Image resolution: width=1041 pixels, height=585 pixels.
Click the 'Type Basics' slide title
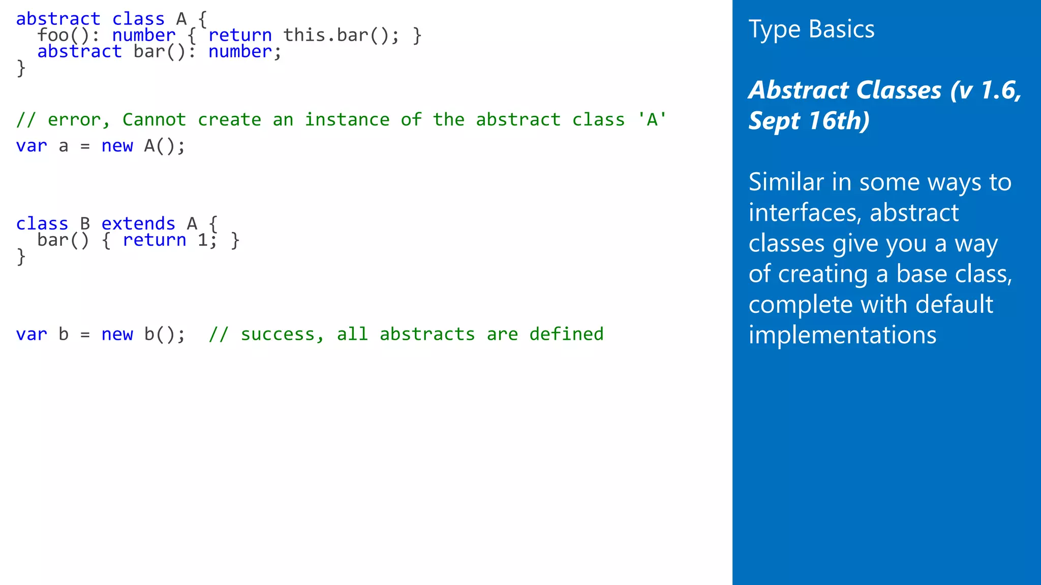[811, 29]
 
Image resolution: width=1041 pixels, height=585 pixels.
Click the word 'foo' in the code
[53, 36]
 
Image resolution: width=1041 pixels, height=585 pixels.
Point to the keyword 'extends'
[138, 223]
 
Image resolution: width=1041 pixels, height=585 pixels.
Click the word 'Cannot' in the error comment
[154, 120]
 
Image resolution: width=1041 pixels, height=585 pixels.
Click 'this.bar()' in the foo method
[335, 36]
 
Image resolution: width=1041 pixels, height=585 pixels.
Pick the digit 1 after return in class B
[202, 240]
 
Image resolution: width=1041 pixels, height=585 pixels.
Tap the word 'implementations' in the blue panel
[842, 335]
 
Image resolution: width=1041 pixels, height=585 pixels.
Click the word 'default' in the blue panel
[954, 305]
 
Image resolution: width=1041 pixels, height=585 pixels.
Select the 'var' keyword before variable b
[32, 334]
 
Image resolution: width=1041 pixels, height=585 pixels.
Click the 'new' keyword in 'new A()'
[117, 146]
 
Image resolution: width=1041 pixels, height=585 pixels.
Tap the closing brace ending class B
[21, 256]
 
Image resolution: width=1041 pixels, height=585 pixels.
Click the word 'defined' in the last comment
[566, 334]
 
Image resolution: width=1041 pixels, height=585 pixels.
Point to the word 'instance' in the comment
[347, 120]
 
